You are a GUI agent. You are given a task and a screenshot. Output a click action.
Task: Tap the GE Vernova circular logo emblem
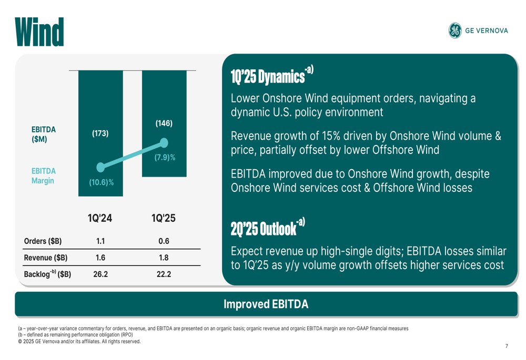455,30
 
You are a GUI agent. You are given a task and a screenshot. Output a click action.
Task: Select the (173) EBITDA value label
100,133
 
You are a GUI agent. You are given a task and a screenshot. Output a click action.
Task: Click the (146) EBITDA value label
164,124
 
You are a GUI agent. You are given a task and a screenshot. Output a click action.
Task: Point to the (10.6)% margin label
100,182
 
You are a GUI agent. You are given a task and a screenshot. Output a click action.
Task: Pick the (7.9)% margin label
164,157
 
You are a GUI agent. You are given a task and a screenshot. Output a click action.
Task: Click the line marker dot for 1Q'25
164,143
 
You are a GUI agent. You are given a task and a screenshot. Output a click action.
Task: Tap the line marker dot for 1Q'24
100,167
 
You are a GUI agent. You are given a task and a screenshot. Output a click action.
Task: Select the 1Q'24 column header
100,219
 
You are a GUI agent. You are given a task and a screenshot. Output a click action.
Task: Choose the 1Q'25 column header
164,219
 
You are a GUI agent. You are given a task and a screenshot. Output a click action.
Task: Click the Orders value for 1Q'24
100,241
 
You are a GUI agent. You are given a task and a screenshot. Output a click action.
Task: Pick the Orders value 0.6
164,241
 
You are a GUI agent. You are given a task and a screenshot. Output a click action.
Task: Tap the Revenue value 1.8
164,258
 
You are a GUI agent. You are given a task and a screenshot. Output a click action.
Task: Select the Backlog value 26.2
100,274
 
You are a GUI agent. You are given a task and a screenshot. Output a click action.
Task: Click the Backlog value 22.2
164,274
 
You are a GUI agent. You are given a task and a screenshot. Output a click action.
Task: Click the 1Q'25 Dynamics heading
268,77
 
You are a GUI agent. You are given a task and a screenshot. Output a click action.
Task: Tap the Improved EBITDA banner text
266,304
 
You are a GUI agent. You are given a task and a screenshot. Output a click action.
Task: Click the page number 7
507,346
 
